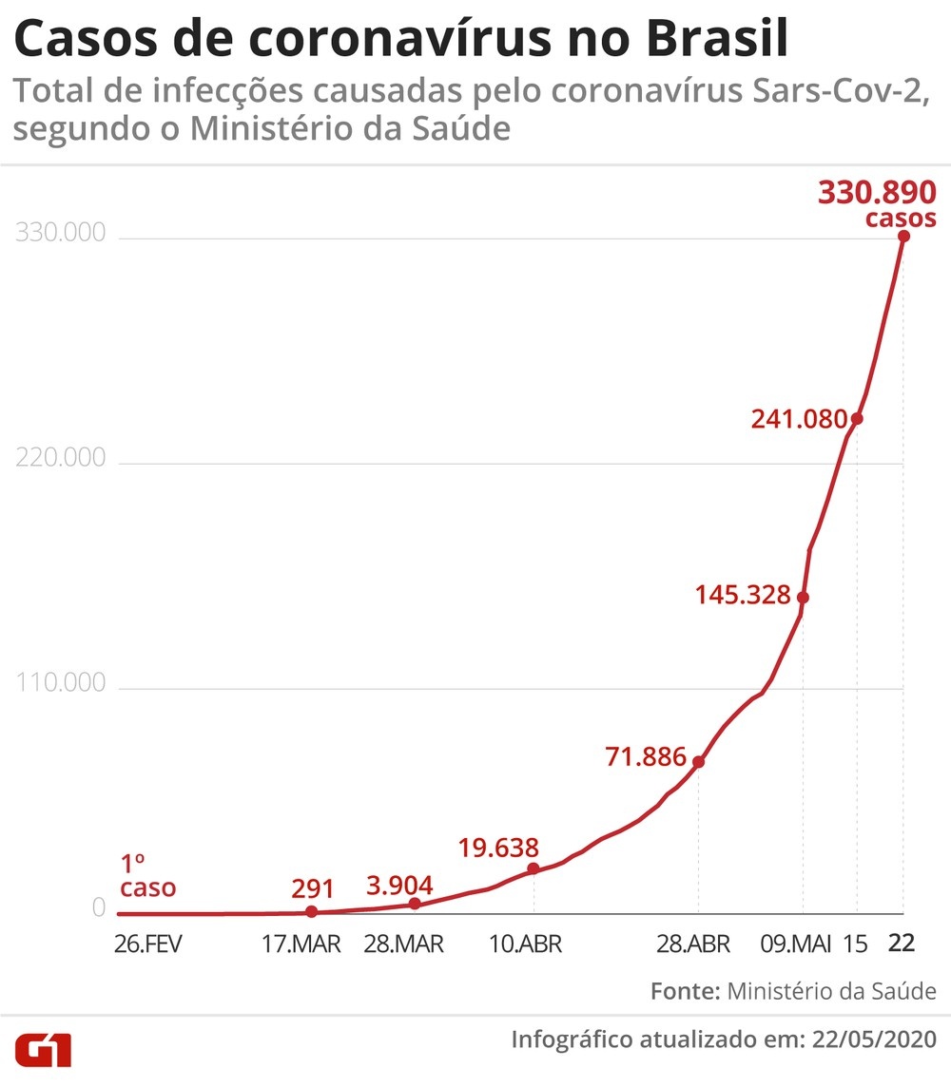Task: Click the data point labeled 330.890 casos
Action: pyautogui.click(x=903, y=236)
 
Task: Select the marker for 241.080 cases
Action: pyautogui.click(x=857, y=418)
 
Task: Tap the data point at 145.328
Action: pyautogui.click(x=803, y=597)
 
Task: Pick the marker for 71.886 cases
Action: pyautogui.click(x=698, y=761)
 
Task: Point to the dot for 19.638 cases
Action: pyautogui.click(x=533, y=868)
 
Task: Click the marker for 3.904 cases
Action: pyautogui.click(x=415, y=904)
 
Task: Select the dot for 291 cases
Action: pyautogui.click(x=311, y=911)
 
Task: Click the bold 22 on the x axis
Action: pyautogui.click(x=902, y=944)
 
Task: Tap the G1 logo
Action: pyautogui.click(x=43, y=1051)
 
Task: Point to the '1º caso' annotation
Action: pyautogui.click(x=146, y=876)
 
